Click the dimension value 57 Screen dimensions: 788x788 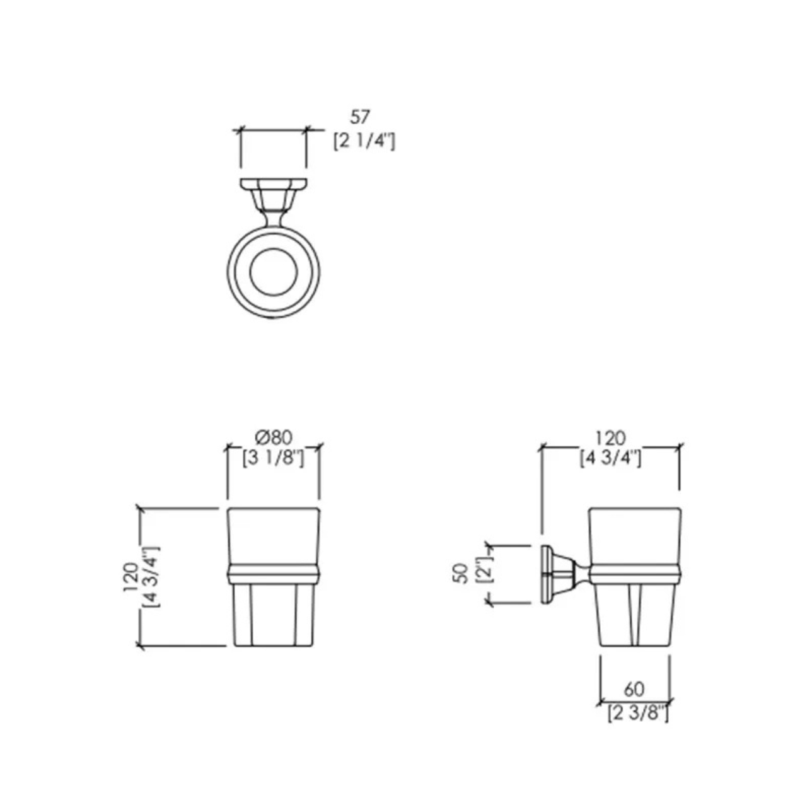[x=359, y=118]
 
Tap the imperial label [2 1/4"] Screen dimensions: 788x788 [x=364, y=142]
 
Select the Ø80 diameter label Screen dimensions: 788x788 [x=274, y=438]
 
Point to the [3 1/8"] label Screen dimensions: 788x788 [x=273, y=458]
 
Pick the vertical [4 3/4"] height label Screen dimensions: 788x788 [x=152, y=577]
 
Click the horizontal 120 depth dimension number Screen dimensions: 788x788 [x=610, y=438]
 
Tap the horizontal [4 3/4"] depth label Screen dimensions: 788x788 [x=610, y=458]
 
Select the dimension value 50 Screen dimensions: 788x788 [x=461, y=573]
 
